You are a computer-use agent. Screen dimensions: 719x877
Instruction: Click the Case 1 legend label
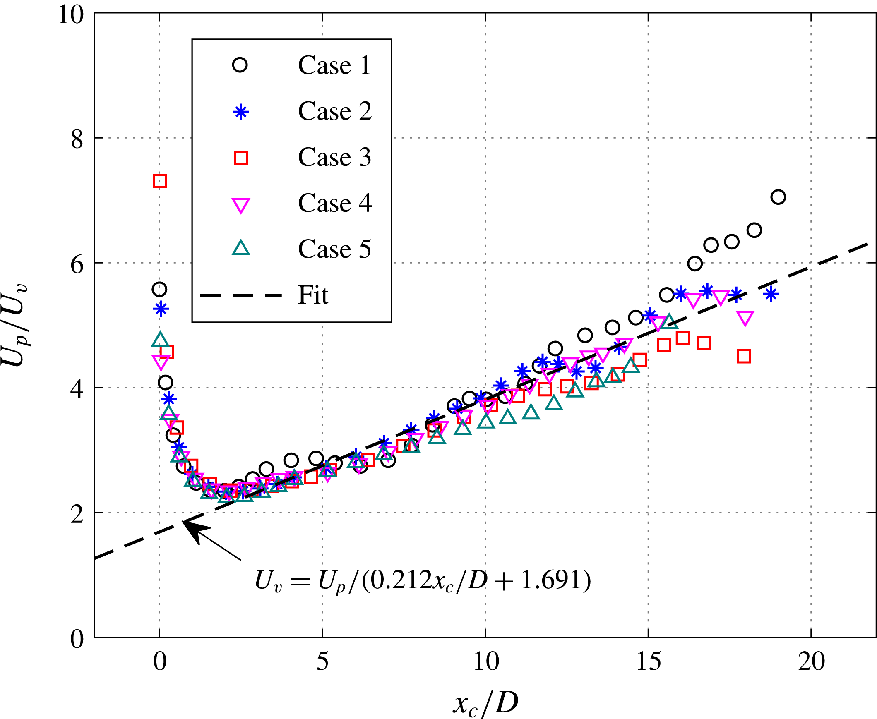[x=334, y=65]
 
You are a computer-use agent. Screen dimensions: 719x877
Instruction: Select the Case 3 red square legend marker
[x=241, y=158]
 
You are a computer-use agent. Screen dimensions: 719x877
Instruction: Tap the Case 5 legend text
[x=334, y=249]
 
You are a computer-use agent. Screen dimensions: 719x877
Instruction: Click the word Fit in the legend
[x=313, y=295]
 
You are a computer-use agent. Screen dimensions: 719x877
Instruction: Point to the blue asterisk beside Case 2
[x=241, y=112]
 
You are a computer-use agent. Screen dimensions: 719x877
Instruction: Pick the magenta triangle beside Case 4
[x=241, y=205]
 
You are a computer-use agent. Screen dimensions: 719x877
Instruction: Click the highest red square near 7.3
[x=160, y=181]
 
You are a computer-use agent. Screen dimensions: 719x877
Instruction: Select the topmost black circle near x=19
[x=778, y=197]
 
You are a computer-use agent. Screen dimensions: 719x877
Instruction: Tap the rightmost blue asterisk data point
[x=771, y=295]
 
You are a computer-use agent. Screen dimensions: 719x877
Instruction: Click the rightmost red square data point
[x=744, y=356]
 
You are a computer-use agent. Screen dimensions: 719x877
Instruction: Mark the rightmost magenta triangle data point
[x=745, y=318]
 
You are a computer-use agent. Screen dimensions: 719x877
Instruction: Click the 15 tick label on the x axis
[x=648, y=661]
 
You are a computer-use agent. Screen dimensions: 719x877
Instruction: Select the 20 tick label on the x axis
[x=811, y=661]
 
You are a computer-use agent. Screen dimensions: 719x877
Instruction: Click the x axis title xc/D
[x=485, y=703]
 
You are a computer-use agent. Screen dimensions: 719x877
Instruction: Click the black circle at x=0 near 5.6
[x=159, y=289]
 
